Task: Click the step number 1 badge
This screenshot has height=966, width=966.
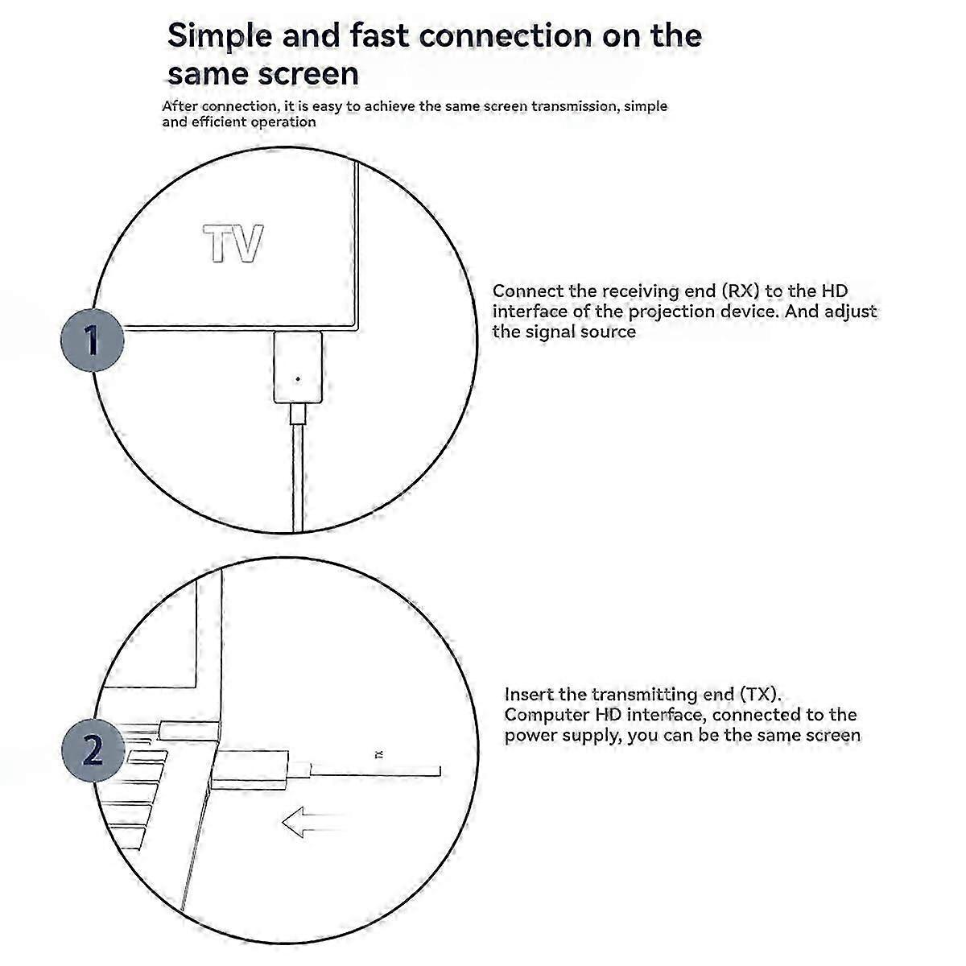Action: click(93, 341)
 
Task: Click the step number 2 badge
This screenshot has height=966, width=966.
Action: click(93, 751)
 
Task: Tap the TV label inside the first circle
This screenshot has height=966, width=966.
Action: click(233, 244)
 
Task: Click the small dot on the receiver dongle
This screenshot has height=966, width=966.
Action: click(299, 379)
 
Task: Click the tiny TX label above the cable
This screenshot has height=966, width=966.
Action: click(378, 754)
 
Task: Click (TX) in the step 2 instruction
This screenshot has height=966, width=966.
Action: click(761, 694)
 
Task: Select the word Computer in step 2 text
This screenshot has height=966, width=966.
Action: click(547, 715)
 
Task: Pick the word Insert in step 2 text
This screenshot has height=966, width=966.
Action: click(529, 694)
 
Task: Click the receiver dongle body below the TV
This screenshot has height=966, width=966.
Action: click(298, 366)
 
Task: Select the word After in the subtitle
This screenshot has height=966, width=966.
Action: click(180, 106)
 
